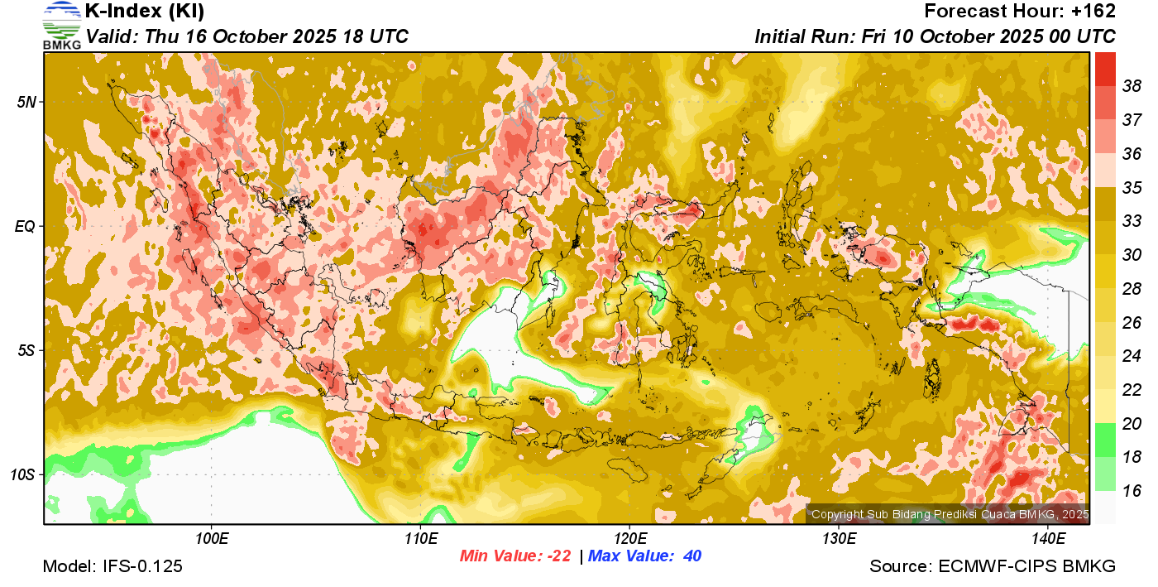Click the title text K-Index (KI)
pyautogui.click(x=145, y=12)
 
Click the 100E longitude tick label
pyautogui.click(x=211, y=540)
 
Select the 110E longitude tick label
pyautogui.click(x=420, y=540)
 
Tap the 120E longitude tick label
pyautogui.click(x=629, y=540)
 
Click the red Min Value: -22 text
pyautogui.click(x=515, y=556)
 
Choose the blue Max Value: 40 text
pyautogui.click(x=644, y=556)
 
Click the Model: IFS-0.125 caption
pyautogui.click(x=112, y=567)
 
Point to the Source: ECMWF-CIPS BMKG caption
pyautogui.click(x=993, y=567)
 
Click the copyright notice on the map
pyautogui.click(x=950, y=515)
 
